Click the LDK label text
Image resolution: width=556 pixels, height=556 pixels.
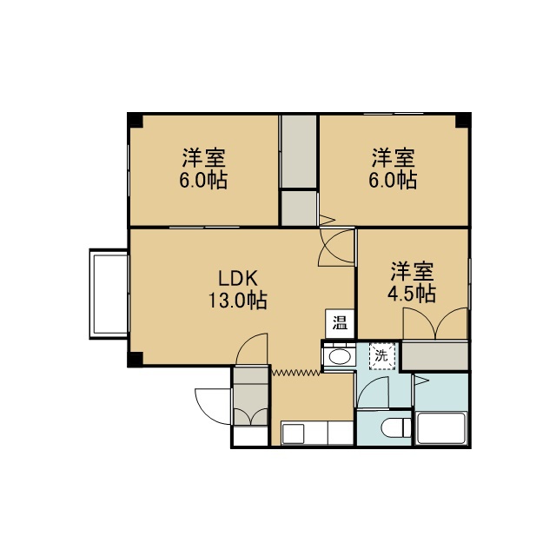[x=237, y=278]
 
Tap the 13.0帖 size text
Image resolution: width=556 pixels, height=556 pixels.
[x=237, y=301]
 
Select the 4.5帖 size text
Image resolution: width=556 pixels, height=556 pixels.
[x=412, y=294]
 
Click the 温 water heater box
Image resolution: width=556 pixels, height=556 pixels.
[x=340, y=324]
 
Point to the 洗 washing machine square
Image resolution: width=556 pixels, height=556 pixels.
[x=382, y=356]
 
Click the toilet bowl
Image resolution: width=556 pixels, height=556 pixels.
[x=396, y=427]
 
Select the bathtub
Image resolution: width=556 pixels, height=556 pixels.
[x=441, y=428]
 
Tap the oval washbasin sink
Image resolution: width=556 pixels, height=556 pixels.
[x=340, y=357]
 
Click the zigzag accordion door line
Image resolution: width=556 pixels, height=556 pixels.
[x=296, y=372]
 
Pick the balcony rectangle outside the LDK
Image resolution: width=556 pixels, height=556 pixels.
[x=109, y=294]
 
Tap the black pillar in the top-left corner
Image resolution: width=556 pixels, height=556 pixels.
[x=136, y=120]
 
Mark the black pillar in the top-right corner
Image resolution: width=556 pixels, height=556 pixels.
[x=463, y=120]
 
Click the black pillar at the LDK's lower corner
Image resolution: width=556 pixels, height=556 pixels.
[x=136, y=359]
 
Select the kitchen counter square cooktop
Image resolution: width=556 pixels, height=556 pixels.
[x=294, y=434]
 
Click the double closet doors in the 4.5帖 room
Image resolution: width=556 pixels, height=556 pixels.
[x=435, y=323]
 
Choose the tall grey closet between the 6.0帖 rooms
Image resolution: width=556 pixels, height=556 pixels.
[x=299, y=151]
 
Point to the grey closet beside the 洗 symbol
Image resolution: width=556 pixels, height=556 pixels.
[x=435, y=355]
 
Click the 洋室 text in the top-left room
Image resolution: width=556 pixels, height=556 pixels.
[x=204, y=157]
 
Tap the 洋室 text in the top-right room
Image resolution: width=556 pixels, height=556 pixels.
[x=394, y=157]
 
